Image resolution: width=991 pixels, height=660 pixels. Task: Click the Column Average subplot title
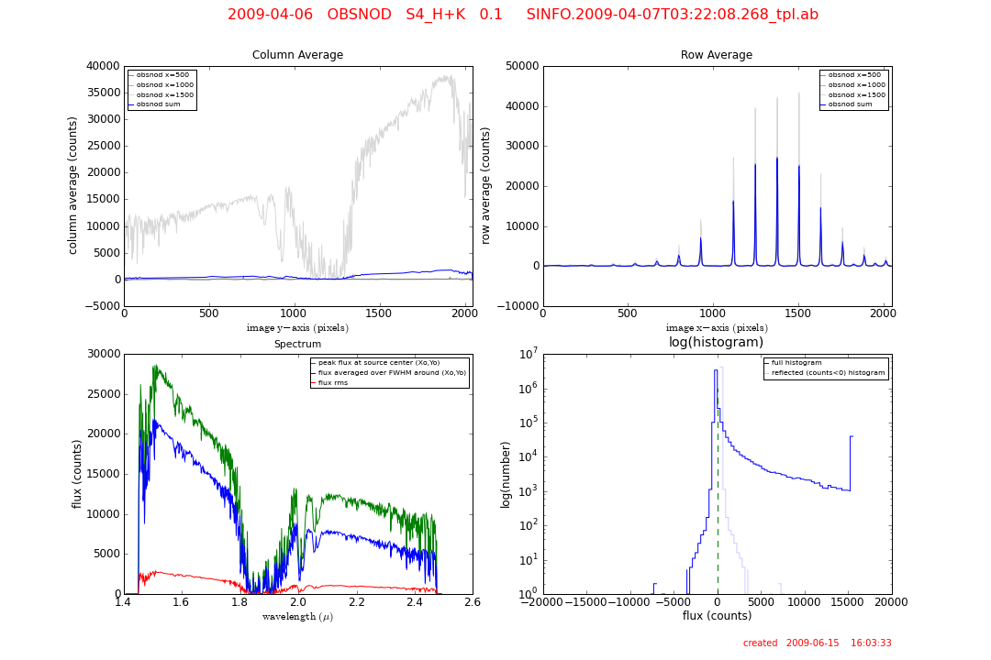point(297,55)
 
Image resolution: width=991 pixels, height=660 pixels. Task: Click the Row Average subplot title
point(716,55)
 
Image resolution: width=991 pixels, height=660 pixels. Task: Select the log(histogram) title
point(716,343)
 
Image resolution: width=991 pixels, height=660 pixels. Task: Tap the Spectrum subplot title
point(297,345)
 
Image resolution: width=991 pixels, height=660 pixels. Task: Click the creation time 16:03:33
point(871,643)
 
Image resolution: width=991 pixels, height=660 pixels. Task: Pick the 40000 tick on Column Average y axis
point(102,66)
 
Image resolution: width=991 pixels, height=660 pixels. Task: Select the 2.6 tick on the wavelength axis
point(473,602)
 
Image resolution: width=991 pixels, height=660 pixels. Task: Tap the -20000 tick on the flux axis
point(543,602)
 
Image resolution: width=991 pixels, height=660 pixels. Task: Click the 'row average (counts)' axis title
point(486,185)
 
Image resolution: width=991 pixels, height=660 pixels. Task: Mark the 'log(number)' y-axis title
point(506,474)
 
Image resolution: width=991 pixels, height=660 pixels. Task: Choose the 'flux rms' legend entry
point(334,382)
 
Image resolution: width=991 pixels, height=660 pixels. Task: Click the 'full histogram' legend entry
point(797,363)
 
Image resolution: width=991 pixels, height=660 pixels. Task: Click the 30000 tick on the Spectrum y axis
point(102,354)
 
